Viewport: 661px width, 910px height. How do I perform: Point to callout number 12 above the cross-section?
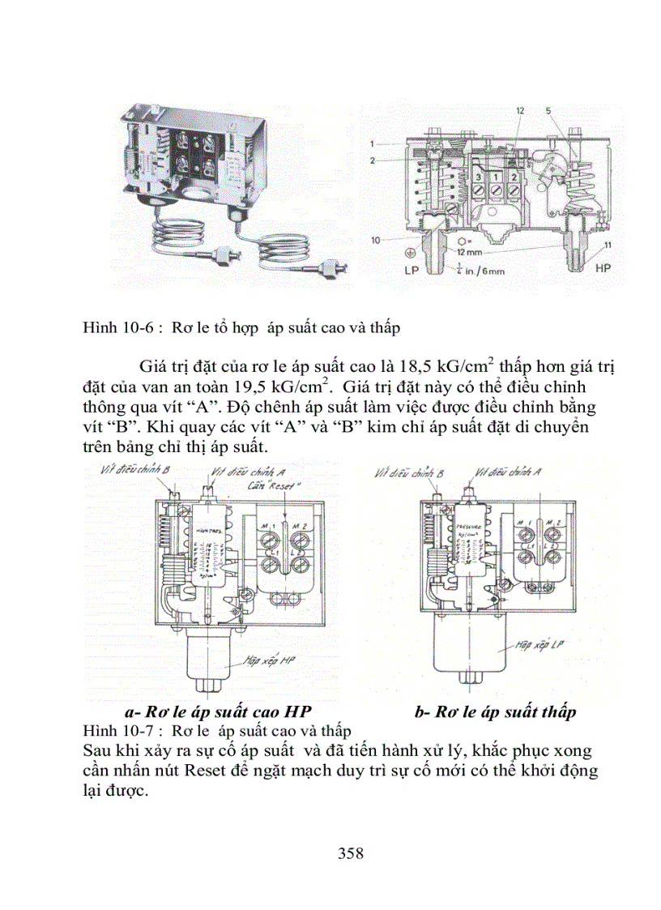tap(519, 109)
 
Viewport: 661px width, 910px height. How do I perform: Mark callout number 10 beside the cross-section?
tap(375, 240)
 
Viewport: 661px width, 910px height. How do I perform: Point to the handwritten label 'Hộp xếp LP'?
tap(531, 647)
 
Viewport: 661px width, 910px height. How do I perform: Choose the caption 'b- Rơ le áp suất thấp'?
tap(495, 712)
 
